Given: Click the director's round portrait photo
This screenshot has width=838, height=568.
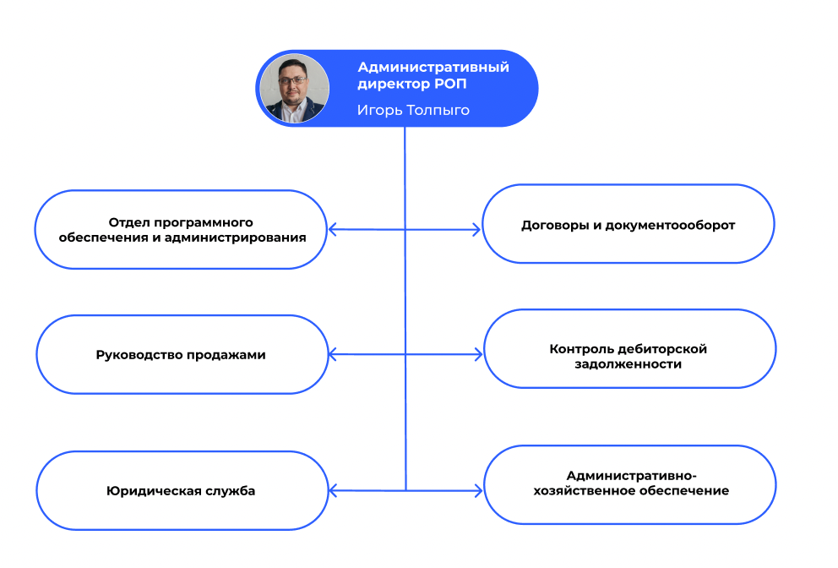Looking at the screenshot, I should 294,89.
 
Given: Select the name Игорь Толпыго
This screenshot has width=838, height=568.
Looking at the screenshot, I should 413,110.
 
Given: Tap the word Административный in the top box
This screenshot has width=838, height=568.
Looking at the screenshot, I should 433,68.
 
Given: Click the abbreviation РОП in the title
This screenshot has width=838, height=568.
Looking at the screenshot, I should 449,85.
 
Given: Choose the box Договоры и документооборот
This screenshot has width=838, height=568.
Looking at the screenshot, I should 628,225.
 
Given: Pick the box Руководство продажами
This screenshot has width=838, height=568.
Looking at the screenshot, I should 181,355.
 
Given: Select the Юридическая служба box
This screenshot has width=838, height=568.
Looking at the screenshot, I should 181,490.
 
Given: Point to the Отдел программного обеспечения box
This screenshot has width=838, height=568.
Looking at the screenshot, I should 181,230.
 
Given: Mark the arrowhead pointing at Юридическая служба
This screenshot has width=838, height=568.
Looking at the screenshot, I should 333,490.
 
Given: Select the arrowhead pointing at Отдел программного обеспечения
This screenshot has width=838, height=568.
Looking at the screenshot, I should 333,229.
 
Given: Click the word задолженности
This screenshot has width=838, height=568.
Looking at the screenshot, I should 628,364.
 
